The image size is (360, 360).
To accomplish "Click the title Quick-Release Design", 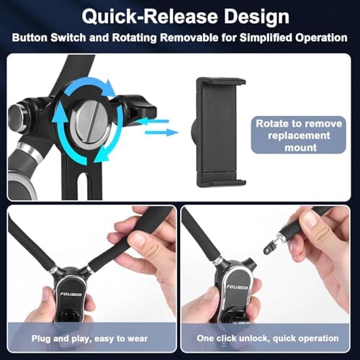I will (180, 16).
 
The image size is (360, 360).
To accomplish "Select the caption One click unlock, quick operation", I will (268, 338).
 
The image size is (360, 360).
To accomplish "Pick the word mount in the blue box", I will (297, 147).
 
